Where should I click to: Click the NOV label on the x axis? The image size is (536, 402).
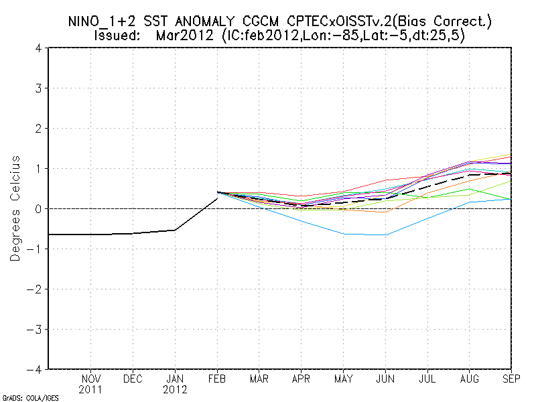[x=91, y=378]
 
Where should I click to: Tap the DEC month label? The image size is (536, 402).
[x=133, y=378]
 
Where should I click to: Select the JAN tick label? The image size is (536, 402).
[x=175, y=378]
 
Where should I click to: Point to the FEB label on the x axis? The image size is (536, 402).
[x=217, y=378]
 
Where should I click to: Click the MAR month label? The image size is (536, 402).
[x=259, y=378]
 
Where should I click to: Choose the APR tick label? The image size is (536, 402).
[x=301, y=378]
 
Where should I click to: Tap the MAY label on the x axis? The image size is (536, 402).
[x=343, y=378]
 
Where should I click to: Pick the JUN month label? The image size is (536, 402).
[x=385, y=378]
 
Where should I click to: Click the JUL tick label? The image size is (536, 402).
[x=427, y=378]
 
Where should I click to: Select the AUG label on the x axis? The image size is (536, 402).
[x=469, y=378]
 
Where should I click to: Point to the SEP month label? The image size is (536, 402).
[x=510, y=378]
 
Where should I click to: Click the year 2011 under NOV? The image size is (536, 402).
[x=91, y=389]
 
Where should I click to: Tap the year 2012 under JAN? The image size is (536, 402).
[x=175, y=389]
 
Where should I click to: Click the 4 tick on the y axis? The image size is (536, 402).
[x=40, y=48]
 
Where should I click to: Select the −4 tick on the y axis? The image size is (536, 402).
[x=37, y=369]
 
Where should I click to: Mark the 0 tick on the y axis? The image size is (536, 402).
[x=40, y=209]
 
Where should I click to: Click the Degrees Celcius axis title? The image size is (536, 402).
[x=15, y=208]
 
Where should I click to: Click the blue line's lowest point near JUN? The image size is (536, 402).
[x=385, y=235]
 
